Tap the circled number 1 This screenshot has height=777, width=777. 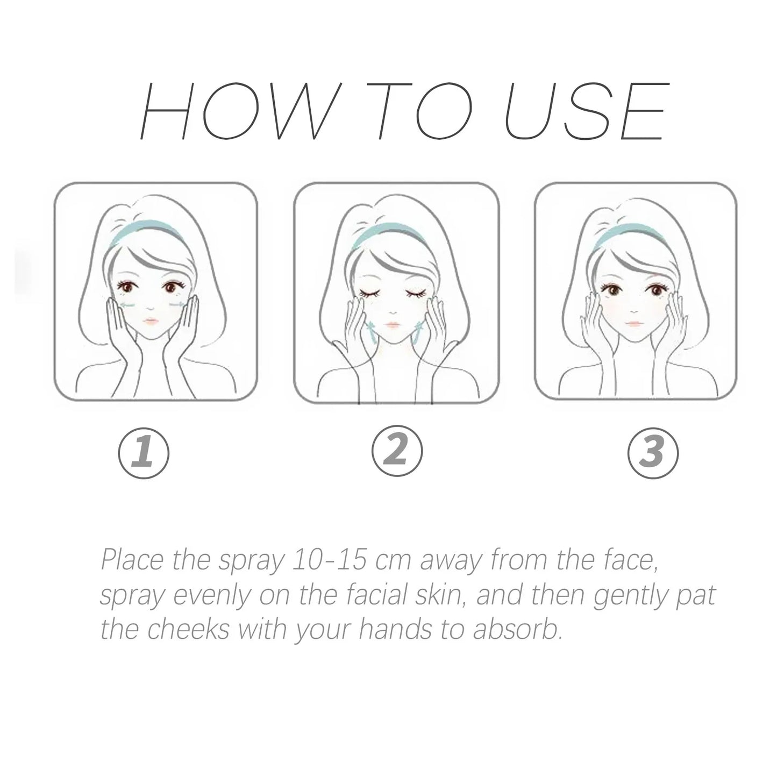143,453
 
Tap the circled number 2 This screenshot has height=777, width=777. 397,450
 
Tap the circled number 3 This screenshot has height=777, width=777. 653,453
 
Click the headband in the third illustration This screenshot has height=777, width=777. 625,235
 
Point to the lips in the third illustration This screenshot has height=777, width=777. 632,325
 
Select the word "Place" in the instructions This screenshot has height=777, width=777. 132,560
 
